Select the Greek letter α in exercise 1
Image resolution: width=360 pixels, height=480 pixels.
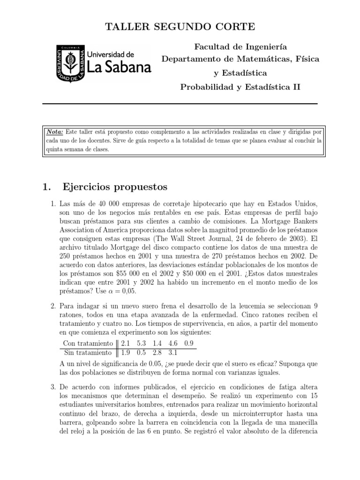point(105,290)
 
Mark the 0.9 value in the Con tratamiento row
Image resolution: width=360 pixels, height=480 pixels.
point(189,343)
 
